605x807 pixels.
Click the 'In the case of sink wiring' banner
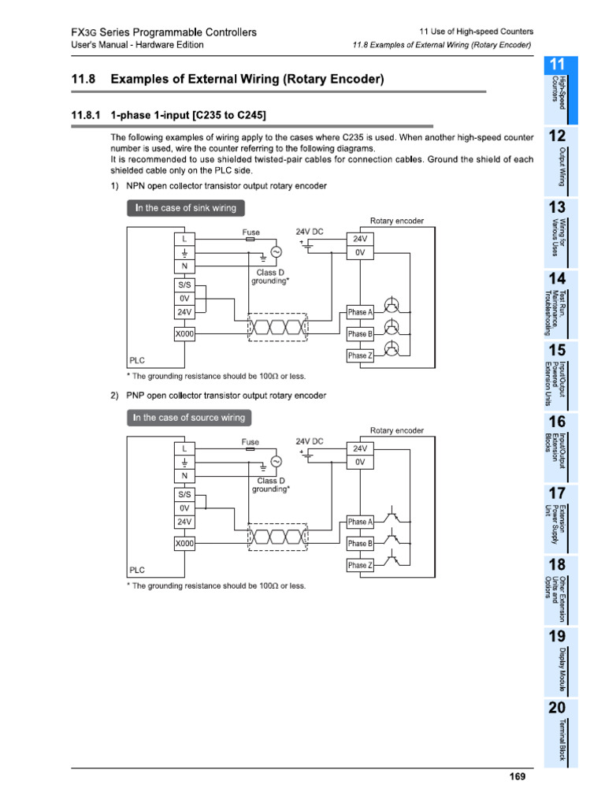pos(185,208)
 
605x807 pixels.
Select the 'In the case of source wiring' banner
pos(189,418)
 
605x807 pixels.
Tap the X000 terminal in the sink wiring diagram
pos(184,334)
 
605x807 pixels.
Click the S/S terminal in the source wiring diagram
pos(184,494)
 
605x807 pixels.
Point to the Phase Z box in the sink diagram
pos(359,355)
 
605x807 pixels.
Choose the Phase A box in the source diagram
pos(359,522)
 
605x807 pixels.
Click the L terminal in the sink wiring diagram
pos(184,237)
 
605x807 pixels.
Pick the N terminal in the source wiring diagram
pos(184,476)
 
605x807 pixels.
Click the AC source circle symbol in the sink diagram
pos(276,252)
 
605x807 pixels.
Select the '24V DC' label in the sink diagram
pos(310,232)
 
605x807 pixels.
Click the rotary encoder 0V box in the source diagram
pos(360,463)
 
